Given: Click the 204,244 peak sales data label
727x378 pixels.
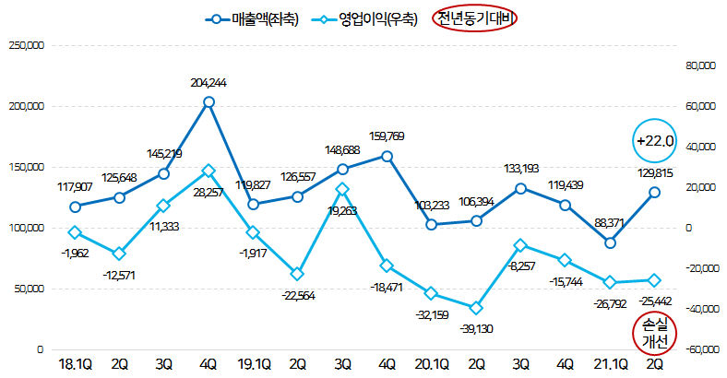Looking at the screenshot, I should click(x=209, y=83).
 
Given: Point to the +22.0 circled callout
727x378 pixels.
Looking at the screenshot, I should click(x=656, y=141).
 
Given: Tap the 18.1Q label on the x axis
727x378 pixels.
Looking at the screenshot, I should click(x=75, y=366).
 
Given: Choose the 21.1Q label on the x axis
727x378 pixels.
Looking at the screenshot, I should click(x=610, y=366).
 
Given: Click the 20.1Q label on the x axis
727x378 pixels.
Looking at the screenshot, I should click(x=432, y=366).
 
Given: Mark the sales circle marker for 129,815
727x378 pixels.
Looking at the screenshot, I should click(x=654, y=193).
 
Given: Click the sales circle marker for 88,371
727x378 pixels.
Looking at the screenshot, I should click(x=610, y=242).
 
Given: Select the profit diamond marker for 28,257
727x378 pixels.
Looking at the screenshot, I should click(x=209, y=171).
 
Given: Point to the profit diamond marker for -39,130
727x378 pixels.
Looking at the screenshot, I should click(x=476, y=308).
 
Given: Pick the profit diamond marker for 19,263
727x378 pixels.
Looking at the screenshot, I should click(x=342, y=189).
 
